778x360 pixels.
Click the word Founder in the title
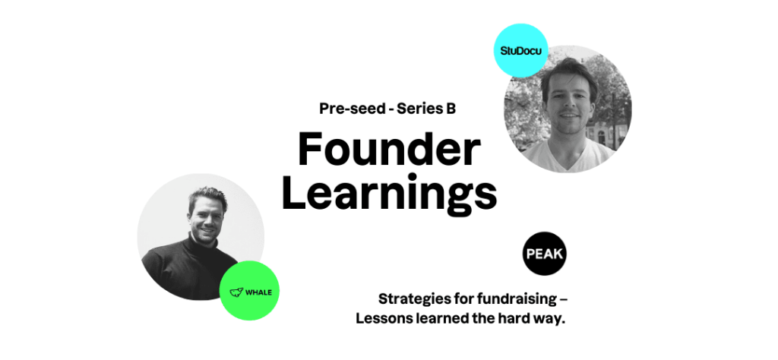388,150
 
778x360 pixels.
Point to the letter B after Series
451,109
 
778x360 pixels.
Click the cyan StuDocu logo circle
520,51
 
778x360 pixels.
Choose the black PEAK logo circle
544,253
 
